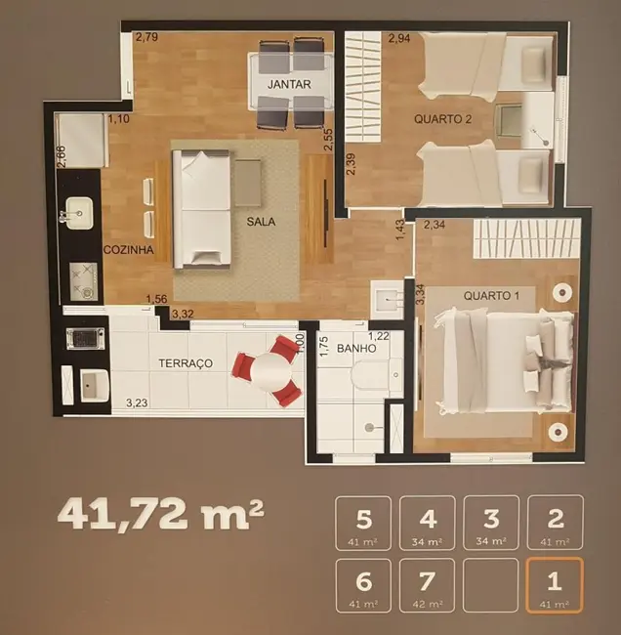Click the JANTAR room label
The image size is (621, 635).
(x=288, y=84)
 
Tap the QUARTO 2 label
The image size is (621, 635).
(x=443, y=119)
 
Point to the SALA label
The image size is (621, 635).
(x=261, y=221)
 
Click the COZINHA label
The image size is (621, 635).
(x=129, y=250)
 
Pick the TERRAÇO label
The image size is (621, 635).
(x=186, y=362)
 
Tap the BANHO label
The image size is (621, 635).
(x=356, y=348)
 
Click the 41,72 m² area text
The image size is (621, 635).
(x=161, y=513)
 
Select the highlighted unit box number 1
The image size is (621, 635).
(x=555, y=585)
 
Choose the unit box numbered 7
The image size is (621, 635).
(x=427, y=585)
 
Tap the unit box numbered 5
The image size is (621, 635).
(x=363, y=523)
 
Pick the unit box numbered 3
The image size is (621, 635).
(x=491, y=523)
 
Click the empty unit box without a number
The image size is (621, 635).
(x=491, y=585)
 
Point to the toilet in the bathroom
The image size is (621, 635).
(x=375, y=374)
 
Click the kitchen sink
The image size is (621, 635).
(x=77, y=211)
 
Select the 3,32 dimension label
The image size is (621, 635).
(x=183, y=314)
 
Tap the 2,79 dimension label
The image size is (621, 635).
(x=146, y=38)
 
